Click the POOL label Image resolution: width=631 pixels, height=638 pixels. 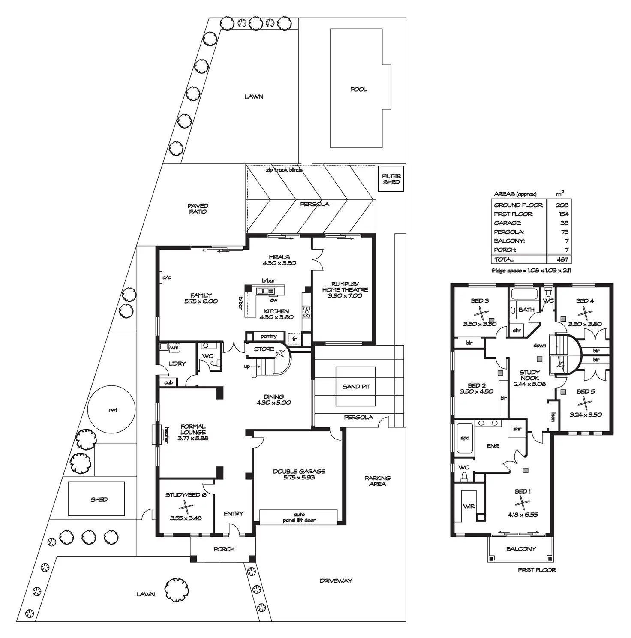tap(358, 90)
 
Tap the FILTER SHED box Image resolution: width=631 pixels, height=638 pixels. tap(391, 179)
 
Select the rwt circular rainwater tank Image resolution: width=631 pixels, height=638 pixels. tap(112, 410)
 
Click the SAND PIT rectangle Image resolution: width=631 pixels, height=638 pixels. tap(355, 386)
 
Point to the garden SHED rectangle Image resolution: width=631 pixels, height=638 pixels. tap(99, 499)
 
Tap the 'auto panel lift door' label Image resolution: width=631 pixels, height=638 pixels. tap(299, 518)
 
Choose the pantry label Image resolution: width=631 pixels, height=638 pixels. tap(268, 337)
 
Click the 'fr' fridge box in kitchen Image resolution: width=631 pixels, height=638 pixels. tap(294, 339)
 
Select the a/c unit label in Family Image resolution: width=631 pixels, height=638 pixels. tap(166, 278)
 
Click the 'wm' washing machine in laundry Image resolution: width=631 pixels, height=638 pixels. tap(174, 347)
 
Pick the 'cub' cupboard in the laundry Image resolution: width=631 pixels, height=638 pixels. tap(168, 382)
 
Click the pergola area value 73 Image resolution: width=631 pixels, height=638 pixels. tap(564, 232)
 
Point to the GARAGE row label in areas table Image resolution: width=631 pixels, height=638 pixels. tap(508, 223)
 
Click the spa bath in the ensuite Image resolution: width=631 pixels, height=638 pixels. tap(465, 438)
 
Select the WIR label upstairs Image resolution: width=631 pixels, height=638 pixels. tap(469, 506)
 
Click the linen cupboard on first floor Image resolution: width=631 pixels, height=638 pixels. tap(553, 416)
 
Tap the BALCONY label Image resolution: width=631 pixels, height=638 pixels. tap(521, 549)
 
